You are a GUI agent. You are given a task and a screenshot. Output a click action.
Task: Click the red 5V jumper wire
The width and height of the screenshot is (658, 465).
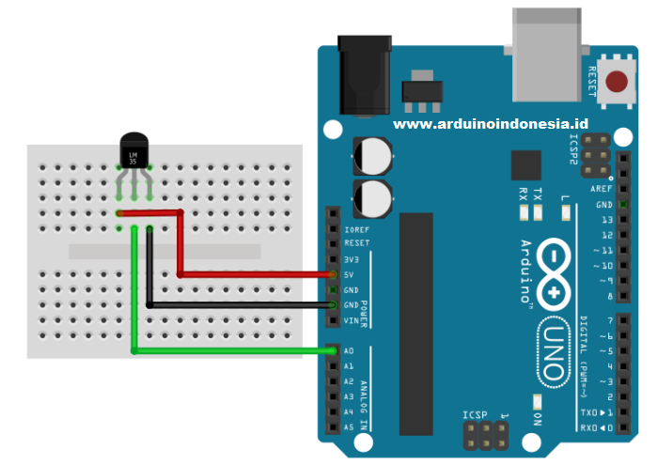coord(254,274)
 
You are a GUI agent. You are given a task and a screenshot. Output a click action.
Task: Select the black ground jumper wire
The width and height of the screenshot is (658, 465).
coord(244,305)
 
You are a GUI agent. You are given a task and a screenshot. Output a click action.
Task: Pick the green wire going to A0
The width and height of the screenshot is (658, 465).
coord(235,351)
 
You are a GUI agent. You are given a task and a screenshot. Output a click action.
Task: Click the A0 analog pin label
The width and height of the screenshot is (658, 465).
coord(350,350)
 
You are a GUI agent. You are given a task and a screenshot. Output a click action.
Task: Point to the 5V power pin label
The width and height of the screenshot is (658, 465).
coord(351,274)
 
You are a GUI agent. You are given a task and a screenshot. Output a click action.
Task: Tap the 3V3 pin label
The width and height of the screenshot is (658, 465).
coord(352,258)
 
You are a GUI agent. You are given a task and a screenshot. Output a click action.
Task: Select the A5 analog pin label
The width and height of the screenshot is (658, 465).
coord(350,426)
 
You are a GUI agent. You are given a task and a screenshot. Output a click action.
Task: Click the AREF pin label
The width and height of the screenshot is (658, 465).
coord(603,189)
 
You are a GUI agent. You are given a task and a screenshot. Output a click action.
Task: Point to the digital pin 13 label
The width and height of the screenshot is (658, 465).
coord(607,219)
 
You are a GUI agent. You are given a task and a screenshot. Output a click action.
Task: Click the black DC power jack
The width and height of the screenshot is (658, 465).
coord(362,75)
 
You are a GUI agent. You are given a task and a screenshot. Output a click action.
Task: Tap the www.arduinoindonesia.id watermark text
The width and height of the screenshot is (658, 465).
coord(490,123)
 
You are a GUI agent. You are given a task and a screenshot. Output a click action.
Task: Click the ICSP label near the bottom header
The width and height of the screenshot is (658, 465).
coord(476,413)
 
